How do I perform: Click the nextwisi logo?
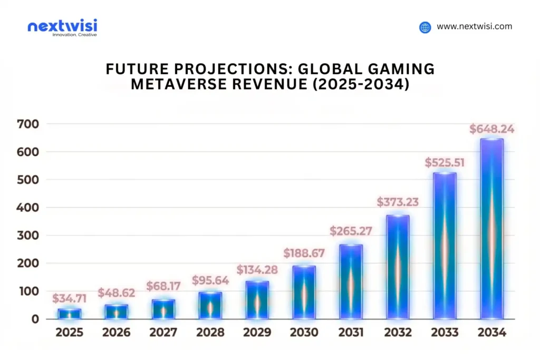point(62,27)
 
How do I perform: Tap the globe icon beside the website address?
point(425,27)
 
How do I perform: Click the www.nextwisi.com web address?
point(474,27)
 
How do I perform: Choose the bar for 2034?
point(491,229)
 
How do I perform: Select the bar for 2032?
point(397,267)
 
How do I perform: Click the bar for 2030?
point(304,293)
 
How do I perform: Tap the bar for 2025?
point(69,314)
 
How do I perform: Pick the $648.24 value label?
point(491,129)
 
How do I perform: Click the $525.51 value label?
point(445,162)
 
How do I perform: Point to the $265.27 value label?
point(351,231)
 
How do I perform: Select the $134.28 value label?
point(257,269)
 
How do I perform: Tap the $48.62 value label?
point(116,292)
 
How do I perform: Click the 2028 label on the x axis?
point(210,333)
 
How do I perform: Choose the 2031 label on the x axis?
point(351,333)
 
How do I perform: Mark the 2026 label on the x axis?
point(116,333)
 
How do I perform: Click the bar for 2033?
point(445,246)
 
